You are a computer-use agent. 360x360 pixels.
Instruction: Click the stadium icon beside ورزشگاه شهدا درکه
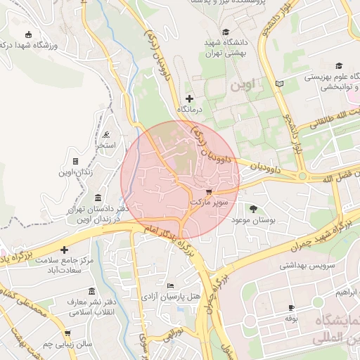click(x=28, y=35)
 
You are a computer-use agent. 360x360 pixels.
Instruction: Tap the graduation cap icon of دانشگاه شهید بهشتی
click(x=226, y=32)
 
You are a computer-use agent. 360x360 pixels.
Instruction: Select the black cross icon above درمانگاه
click(x=188, y=98)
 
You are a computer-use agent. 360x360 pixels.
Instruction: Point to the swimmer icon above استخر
click(x=105, y=135)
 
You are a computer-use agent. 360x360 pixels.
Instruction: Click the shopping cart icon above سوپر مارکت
click(x=208, y=191)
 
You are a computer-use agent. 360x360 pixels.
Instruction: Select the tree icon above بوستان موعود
click(x=253, y=208)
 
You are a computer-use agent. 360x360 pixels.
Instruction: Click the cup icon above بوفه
click(x=291, y=308)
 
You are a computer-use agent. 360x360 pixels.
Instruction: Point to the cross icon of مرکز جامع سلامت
click(x=64, y=250)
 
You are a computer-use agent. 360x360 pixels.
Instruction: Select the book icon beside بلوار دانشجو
click(x=280, y=84)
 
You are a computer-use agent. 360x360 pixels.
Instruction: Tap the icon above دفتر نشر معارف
click(x=91, y=291)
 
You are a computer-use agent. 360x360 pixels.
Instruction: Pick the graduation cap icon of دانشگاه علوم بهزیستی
click(x=338, y=65)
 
